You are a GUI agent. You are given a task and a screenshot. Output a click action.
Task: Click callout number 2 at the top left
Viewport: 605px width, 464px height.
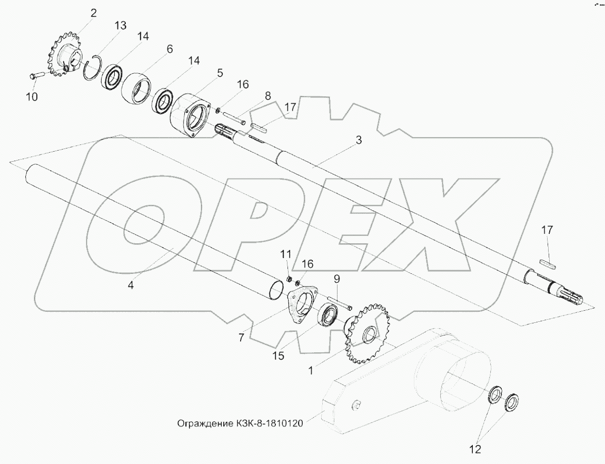click(93, 13)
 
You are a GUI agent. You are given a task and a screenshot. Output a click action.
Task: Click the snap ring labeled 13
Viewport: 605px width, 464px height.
click(93, 68)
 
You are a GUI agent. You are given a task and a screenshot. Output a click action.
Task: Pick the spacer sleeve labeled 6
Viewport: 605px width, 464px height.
click(136, 87)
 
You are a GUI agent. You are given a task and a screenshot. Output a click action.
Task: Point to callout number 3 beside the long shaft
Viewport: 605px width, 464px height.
click(359, 140)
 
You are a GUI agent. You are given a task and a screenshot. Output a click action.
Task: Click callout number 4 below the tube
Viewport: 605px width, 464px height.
click(131, 285)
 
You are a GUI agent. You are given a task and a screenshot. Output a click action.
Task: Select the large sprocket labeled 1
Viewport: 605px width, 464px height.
click(366, 332)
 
